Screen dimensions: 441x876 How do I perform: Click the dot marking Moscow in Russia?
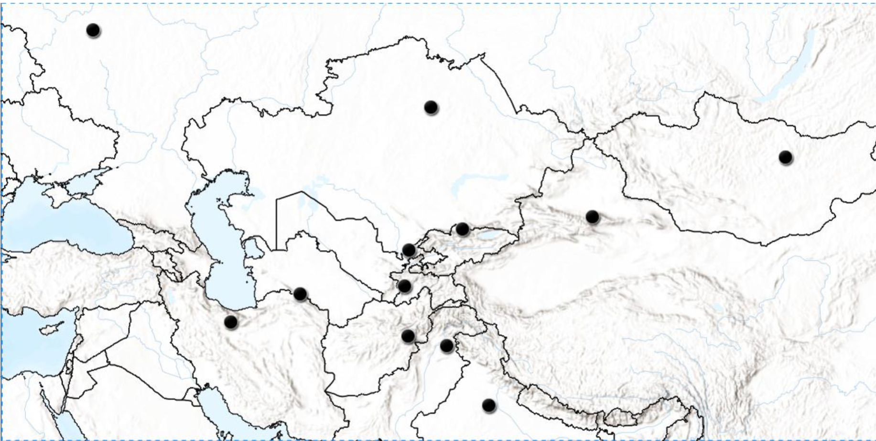[x=93, y=30]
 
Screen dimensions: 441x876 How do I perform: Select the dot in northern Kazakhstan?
[x=431, y=107]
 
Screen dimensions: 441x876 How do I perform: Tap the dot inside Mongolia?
[x=785, y=157]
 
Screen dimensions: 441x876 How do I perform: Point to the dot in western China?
[x=592, y=217]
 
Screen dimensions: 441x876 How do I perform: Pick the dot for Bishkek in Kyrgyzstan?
[x=462, y=229]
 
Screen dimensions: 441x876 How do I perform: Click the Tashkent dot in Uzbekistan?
[x=409, y=250]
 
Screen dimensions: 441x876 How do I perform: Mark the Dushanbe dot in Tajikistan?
[x=404, y=286]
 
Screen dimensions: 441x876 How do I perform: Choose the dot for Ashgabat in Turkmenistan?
[x=300, y=294]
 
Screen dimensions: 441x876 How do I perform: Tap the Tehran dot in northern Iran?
[x=230, y=322]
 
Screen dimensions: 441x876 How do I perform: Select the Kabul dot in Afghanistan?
[x=408, y=336]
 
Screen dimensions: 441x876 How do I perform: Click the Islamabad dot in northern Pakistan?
[x=446, y=346]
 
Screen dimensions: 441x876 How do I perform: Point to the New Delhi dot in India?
[x=488, y=405]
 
